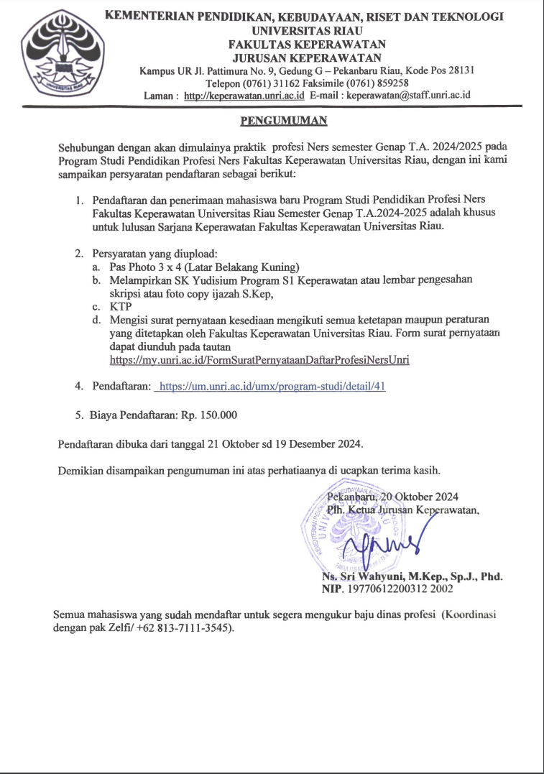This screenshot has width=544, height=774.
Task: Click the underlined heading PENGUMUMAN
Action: pyautogui.click(x=283, y=120)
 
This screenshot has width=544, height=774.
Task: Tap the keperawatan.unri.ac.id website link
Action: pyautogui.click(x=244, y=96)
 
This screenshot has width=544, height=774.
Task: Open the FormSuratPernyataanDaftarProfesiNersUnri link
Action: pyautogui.click(x=259, y=359)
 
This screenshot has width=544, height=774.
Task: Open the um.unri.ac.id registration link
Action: pyautogui.click(x=272, y=387)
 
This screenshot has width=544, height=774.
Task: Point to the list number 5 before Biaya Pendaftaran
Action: pyautogui.click(x=80, y=415)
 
